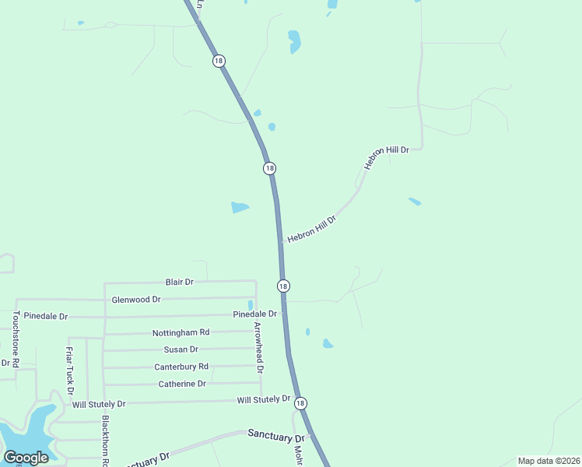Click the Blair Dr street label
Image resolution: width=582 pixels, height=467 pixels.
[x=179, y=281]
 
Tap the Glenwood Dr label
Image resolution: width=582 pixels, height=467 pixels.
[x=136, y=299]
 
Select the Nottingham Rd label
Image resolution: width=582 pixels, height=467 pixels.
[x=181, y=332]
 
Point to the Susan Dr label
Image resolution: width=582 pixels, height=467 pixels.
[x=181, y=349]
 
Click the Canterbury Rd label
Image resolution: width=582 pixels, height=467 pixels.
[x=181, y=367]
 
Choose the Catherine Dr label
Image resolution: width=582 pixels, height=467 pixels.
[x=182, y=384]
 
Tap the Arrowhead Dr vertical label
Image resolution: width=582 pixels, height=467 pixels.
[x=258, y=347]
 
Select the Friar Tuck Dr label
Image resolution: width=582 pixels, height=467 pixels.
[x=70, y=370]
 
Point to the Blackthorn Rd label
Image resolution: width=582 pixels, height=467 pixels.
[x=104, y=441]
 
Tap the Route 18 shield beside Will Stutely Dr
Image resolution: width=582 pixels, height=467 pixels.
[x=301, y=403]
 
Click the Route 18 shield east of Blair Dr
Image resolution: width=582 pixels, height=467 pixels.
[x=283, y=286]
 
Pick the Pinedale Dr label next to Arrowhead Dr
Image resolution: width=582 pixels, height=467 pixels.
[x=255, y=314]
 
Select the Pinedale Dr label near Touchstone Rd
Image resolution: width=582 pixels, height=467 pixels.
[x=46, y=316]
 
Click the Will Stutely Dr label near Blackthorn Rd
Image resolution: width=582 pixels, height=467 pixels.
[x=99, y=405]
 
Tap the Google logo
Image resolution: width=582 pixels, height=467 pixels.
[x=26, y=457]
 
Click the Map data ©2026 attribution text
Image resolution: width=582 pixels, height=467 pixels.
[x=549, y=461]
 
